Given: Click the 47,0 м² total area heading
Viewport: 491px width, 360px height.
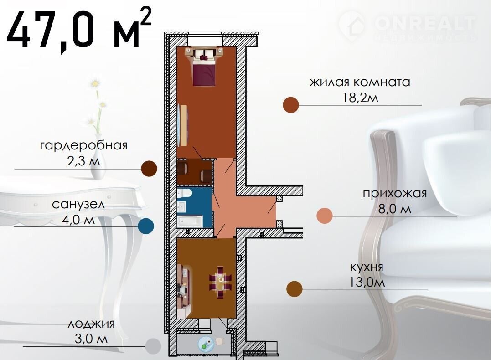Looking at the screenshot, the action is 79,29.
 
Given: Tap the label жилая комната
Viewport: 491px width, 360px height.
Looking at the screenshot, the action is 360,82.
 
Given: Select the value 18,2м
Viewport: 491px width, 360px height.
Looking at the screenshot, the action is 361,98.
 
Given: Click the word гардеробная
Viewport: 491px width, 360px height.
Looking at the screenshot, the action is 83,145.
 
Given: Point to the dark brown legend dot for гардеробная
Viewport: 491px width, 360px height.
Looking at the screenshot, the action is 149,169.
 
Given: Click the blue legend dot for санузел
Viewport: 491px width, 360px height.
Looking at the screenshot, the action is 146,226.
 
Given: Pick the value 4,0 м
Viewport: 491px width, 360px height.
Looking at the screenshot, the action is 78,220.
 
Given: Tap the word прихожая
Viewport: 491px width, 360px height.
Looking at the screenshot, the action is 395,194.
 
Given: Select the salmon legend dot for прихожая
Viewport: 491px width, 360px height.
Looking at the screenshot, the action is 325,216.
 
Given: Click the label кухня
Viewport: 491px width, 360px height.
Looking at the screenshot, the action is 367,267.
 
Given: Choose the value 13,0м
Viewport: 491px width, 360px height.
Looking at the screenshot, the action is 367,283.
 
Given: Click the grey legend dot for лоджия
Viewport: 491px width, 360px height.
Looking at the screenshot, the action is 153,346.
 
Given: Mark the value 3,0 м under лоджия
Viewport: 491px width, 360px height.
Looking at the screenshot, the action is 91,339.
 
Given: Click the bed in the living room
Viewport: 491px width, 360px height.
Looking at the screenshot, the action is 204,67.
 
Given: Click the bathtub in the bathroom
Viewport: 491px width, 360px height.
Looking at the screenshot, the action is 190,221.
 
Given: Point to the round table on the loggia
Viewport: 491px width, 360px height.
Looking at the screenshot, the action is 206,345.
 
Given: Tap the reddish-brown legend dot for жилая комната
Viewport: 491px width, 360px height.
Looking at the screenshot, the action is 290,105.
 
